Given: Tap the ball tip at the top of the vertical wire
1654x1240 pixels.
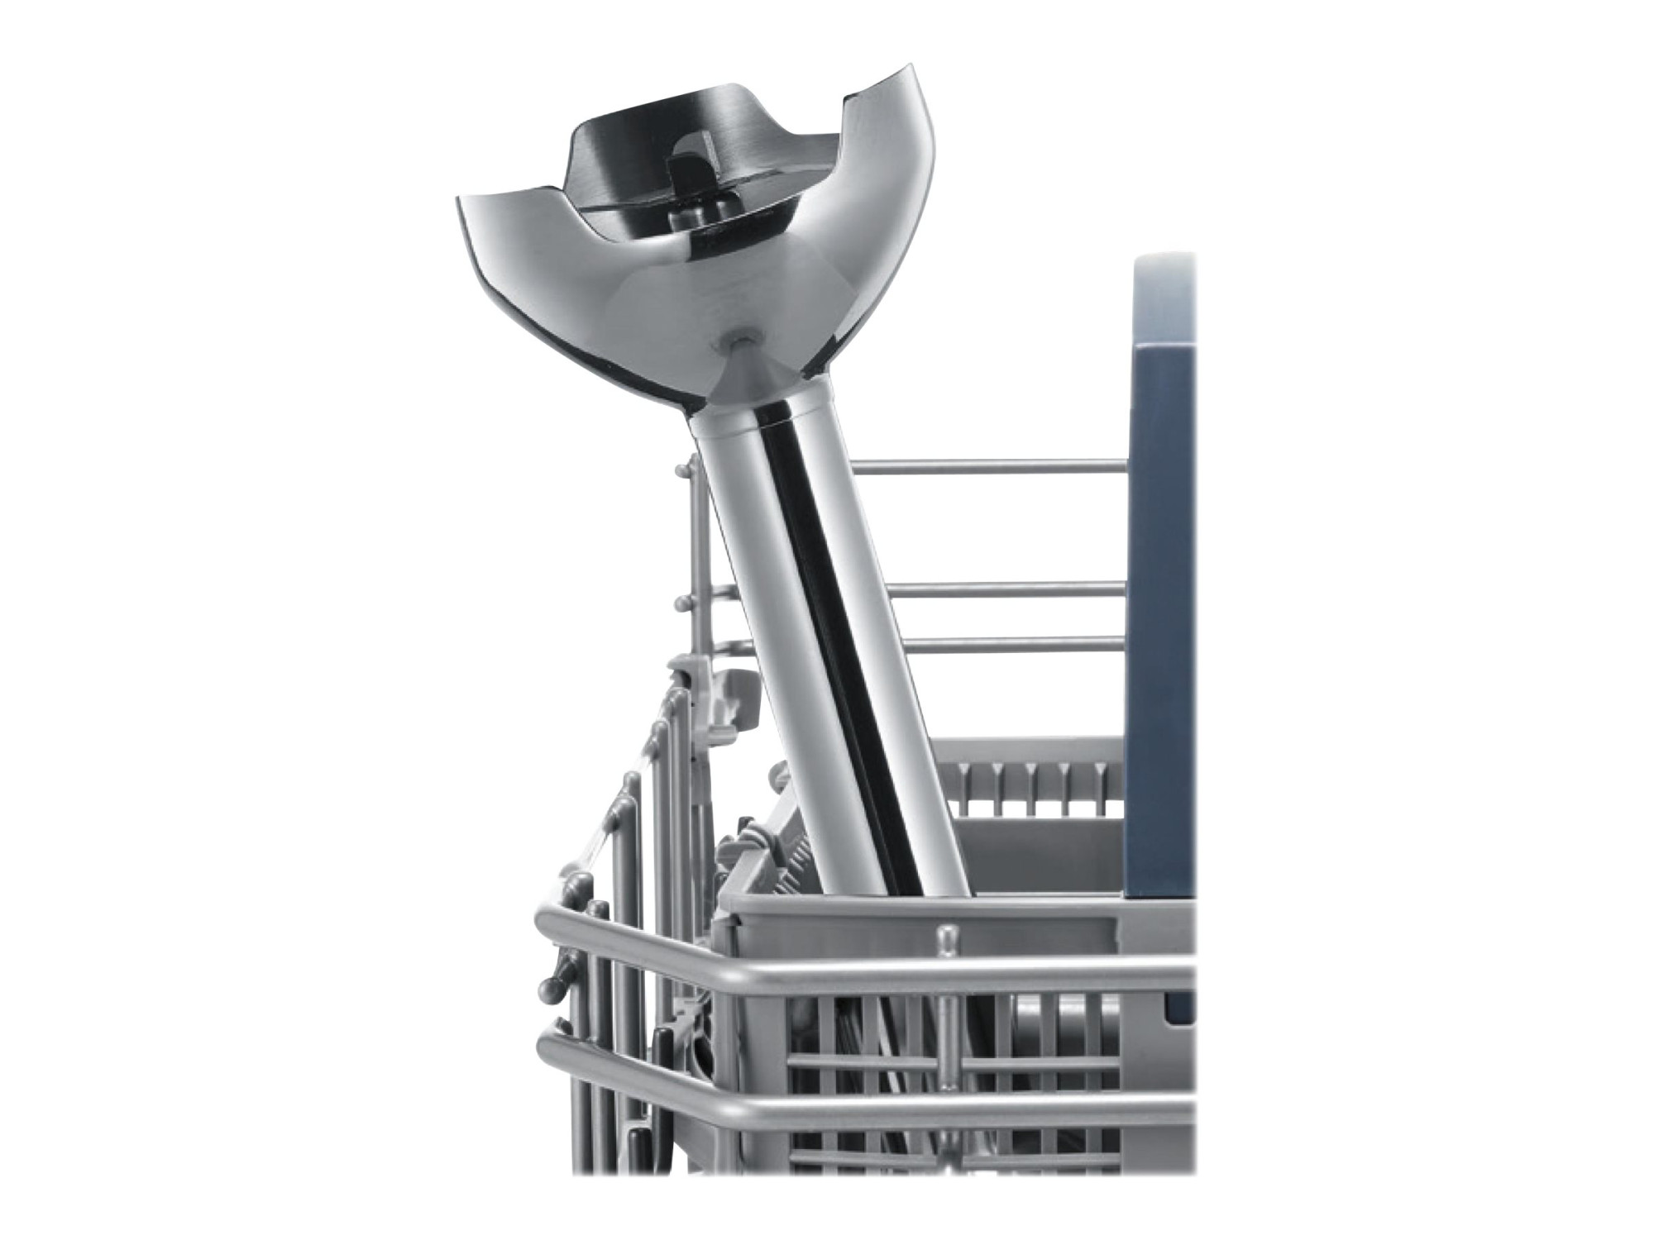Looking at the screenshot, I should tap(681, 470).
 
